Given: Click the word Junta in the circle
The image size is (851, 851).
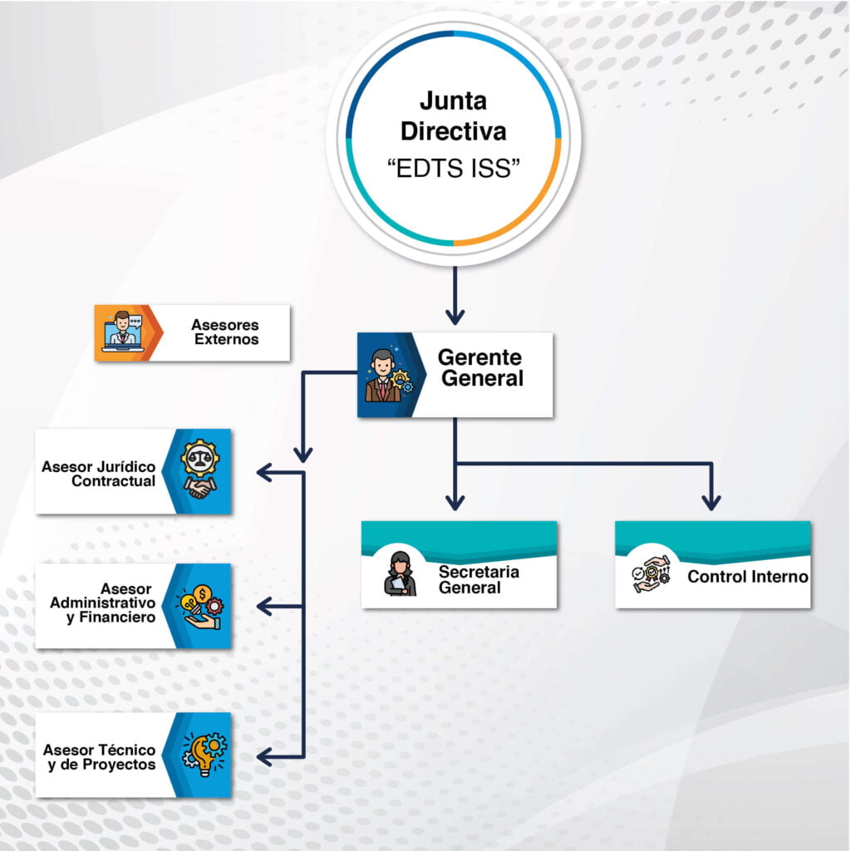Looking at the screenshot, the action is tap(453, 101).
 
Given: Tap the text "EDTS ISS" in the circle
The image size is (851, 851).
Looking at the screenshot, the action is tap(453, 168).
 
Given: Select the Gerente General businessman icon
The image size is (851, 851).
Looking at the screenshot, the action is tap(386, 375).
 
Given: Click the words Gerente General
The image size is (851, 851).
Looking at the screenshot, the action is tap(481, 368).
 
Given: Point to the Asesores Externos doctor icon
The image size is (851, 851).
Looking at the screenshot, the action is tap(123, 332).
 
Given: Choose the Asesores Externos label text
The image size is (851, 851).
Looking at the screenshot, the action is tap(225, 332).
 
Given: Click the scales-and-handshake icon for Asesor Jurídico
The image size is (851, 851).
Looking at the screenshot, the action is tap(199, 470).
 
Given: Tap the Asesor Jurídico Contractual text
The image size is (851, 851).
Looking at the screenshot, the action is tap(98, 474).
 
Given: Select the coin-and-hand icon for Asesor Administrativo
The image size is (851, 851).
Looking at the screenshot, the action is tap(199, 607).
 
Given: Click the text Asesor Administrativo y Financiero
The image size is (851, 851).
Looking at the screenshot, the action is tap(102, 603).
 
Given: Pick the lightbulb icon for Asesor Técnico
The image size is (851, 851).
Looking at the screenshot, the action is tap(204, 755).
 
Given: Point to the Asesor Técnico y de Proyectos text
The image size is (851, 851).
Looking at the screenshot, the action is tap(100, 757).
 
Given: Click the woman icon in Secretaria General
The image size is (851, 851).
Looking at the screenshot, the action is tap(400, 573).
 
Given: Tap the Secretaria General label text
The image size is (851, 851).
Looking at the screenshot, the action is tap(479, 579).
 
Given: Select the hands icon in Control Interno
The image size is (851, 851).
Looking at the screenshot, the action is tap(652, 574).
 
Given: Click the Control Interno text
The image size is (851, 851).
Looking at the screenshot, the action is tap(748, 577).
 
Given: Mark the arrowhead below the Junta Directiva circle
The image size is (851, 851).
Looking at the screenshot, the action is tap(455, 317).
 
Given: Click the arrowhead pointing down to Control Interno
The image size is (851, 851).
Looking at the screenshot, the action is tap(711, 502).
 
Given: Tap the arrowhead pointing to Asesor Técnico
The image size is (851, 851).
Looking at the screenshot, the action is tap(264, 756).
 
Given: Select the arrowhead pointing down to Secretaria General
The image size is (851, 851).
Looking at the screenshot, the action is tap(455, 502).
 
